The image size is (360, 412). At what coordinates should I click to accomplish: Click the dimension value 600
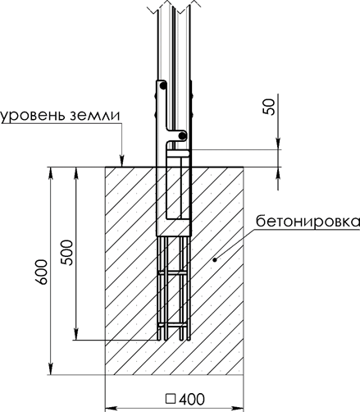pyautogui.click(x=42, y=272)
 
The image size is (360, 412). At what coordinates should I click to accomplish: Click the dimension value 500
pyautogui.click(x=67, y=252)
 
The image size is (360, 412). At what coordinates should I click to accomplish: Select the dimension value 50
pyautogui.click(x=269, y=107)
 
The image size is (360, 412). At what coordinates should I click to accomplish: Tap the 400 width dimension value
pyautogui.click(x=192, y=399)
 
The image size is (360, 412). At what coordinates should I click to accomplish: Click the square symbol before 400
pyautogui.click(x=171, y=399)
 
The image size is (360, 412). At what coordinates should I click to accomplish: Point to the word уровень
pyautogui.click(x=34, y=116)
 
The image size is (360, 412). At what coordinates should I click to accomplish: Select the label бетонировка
pyautogui.click(x=308, y=222)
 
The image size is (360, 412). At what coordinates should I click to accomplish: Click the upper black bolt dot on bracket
pyautogui.click(x=163, y=86)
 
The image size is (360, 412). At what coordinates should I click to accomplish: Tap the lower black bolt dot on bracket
pyautogui.click(x=182, y=135)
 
